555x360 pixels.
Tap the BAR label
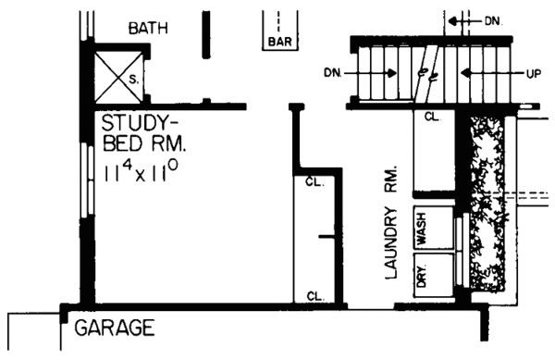click(278, 42)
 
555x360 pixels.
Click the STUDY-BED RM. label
click(145, 134)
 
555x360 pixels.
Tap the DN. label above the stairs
click(491, 19)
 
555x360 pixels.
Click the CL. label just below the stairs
click(431, 118)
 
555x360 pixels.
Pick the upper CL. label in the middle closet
click(314, 181)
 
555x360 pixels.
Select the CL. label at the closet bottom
click(314, 296)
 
